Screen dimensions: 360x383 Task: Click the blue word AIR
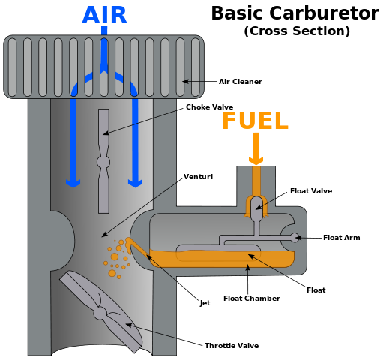[x=104, y=14]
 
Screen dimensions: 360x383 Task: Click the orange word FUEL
[x=255, y=121]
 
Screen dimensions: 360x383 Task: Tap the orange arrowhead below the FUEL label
[x=256, y=160]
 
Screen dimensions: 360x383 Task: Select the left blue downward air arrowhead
[x=73, y=181]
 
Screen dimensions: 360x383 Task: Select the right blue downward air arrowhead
[x=136, y=181]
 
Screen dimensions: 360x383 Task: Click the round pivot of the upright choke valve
[x=103, y=161]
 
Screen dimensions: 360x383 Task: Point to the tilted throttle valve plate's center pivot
[x=101, y=312]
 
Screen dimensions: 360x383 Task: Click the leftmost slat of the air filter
[x=13, y=67]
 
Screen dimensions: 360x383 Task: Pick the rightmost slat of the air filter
[x=196, y=67]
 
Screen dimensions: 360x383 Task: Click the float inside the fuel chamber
[x=217, y=252]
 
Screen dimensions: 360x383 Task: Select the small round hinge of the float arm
[x=295, y=238]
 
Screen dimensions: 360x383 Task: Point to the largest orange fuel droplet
[x=115, y=256]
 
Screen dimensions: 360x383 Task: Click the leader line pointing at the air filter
[x=193, y=81]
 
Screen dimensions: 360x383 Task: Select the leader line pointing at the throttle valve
[x=154, y=331]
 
